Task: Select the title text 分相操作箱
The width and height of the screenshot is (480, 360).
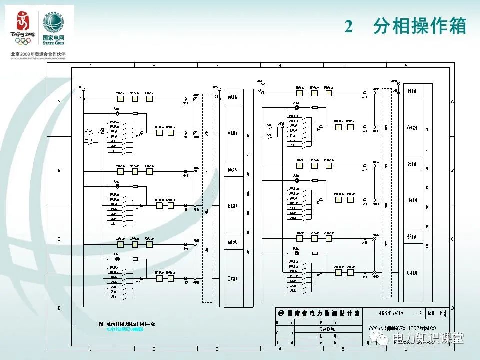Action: click(419, 27)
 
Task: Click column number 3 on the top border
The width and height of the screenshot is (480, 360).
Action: click(217, 66)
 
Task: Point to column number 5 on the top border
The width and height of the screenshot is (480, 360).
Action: click(342, 66)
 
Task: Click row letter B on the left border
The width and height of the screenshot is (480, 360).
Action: click(59, 170)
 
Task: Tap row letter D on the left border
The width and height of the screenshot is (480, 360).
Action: click(59, 308)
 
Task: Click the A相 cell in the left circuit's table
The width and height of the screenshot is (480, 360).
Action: click(233, 133)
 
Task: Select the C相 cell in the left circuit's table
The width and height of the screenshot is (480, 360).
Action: click(233, 278)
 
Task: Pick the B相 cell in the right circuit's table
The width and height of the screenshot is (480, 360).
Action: click(413, 200)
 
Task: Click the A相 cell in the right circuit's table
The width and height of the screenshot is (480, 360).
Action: click(413, 127)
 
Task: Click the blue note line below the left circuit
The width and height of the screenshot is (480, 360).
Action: click(125, 330)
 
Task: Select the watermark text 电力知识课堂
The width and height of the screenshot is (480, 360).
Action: click(430, 339)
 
